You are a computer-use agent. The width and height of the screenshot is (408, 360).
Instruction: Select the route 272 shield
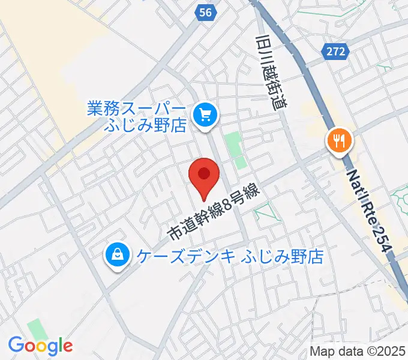click(337, 52)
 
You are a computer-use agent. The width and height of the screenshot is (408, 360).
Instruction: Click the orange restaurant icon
click(340, 142)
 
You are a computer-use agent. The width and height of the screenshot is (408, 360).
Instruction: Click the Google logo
click(40, 346)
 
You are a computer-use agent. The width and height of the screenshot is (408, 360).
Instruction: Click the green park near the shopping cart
click(235, 149)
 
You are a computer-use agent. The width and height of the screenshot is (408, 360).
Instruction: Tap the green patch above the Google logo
click(37, 329)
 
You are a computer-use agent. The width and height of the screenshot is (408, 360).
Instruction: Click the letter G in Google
click(16, 345)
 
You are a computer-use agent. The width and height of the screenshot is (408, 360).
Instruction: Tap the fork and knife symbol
click(340, 141)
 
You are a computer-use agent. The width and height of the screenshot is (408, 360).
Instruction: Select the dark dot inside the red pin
click(204, 174)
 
